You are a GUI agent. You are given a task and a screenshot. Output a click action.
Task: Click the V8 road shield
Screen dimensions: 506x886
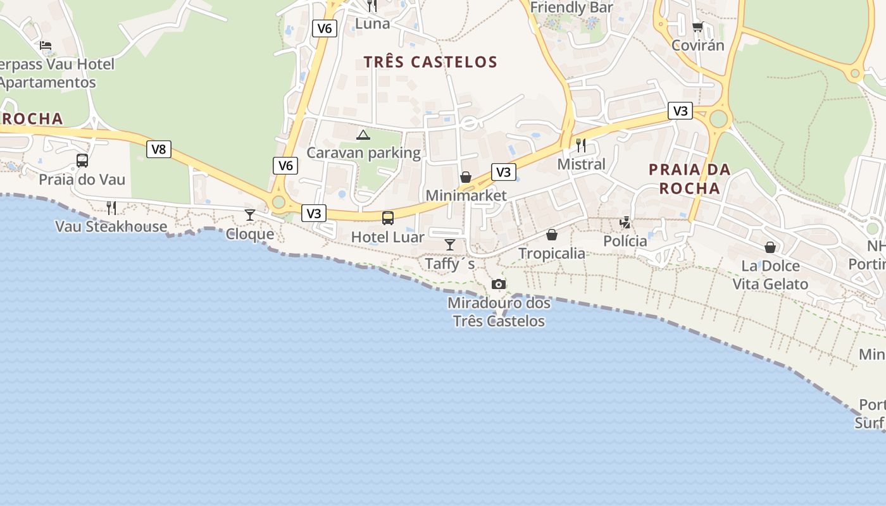tap(159, 149)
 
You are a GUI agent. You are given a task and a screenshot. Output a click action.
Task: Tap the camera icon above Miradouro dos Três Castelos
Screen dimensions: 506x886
tap(499, 284)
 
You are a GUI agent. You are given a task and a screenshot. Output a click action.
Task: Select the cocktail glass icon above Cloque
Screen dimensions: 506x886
tap(250, 215)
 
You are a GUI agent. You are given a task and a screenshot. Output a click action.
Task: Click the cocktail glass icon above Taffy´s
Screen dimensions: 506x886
tap(450, 245)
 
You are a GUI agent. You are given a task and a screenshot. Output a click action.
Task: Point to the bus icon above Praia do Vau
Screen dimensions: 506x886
tap(82, 161)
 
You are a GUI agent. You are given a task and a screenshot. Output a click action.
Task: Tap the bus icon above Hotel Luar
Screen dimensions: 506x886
tap(388, 218)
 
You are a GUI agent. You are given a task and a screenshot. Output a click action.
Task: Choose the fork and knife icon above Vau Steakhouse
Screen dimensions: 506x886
tap(111, 207)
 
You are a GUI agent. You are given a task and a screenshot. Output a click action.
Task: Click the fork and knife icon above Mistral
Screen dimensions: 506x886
tap(581, 145)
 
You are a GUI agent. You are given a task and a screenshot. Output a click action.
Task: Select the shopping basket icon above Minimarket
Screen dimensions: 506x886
tap(466, 177)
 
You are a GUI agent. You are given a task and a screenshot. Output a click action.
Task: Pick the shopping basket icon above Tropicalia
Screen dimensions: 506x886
tap(552, 235)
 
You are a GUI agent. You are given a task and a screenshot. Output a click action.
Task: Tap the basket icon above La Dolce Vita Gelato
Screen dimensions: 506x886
tap(770, 247)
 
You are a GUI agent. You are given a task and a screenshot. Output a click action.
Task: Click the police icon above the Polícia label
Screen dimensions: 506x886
tap(625, 222)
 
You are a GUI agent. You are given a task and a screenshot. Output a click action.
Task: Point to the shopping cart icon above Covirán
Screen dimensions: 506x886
tap(697, 27)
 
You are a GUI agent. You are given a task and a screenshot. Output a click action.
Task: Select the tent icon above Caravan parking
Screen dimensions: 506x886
tap(363, 134)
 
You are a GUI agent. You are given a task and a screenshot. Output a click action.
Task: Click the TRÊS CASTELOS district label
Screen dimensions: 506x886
tap(430, 62)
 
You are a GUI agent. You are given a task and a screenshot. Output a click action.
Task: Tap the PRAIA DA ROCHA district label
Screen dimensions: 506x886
tap(689, 178)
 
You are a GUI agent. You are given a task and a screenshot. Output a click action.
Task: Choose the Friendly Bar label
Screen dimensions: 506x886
tap(571, 8)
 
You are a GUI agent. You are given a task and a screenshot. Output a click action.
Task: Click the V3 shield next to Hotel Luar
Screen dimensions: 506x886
tap(314, 213)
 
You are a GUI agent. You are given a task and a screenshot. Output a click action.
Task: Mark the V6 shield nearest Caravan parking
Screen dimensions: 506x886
tap(285, 166)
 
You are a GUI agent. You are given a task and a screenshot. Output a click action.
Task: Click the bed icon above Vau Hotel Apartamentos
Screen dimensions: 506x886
tap(46, 45)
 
